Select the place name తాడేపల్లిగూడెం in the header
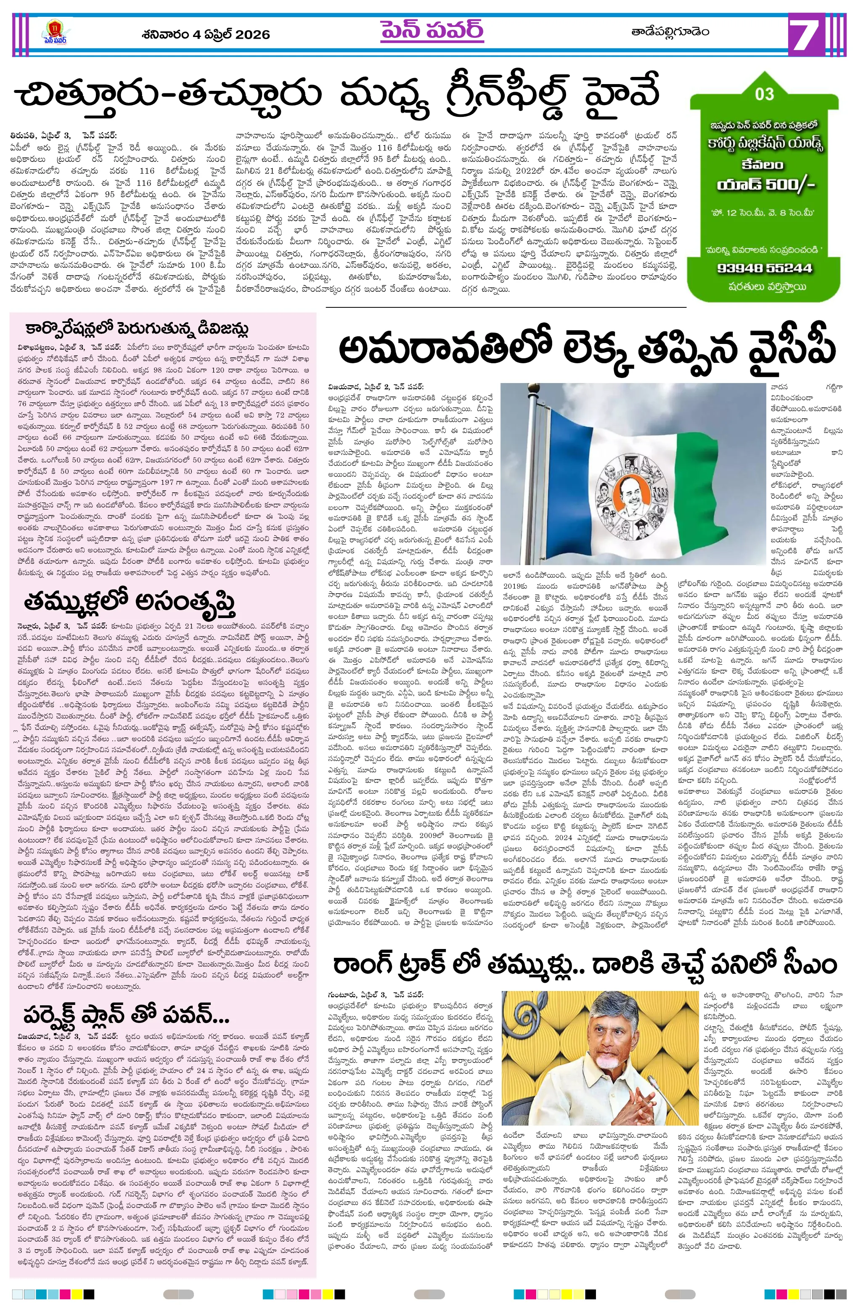[x=670, y=32]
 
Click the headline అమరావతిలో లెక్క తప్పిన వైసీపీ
[x=586, y=348]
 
